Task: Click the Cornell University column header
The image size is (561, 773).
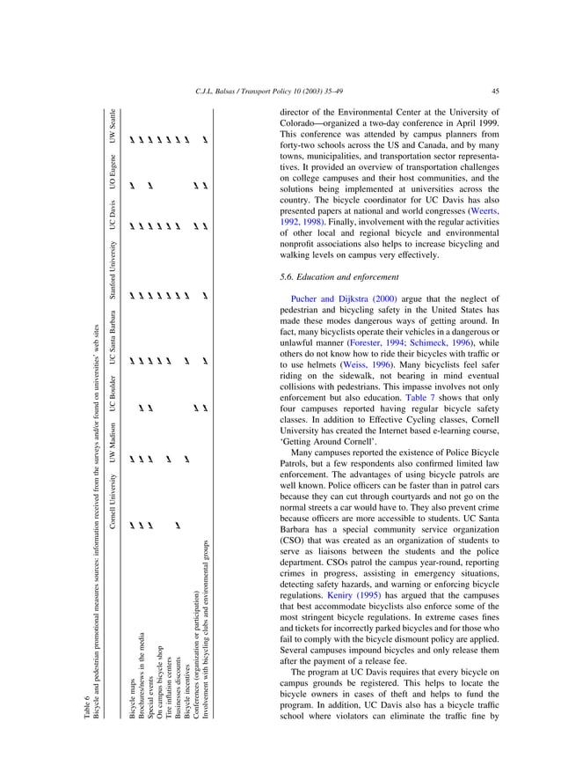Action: click(x=115, y=493)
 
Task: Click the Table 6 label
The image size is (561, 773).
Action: click(x=87, y=678)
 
